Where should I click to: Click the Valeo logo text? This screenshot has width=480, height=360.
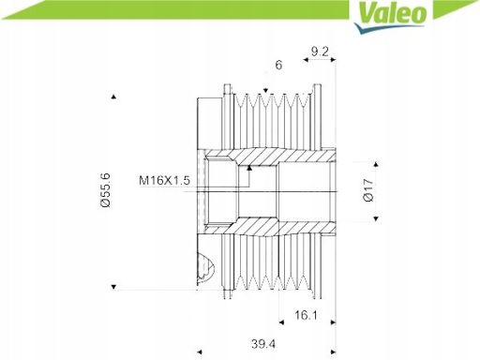[x=392, y=13]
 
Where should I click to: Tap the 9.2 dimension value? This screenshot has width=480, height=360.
[x=320, y=52]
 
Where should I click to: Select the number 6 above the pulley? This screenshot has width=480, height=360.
[x=278, y=65]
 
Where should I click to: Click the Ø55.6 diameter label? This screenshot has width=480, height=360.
[x=105, y=190]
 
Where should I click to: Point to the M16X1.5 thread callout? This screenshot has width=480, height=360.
[x=164, y=180]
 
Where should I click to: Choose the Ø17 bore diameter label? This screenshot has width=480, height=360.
[x=368, y=190]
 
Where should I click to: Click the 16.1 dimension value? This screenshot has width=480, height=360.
[x=306, y=315]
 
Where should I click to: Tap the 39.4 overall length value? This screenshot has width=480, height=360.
[x=263, y=344]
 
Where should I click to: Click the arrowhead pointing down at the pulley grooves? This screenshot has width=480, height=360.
[x=265, y=91]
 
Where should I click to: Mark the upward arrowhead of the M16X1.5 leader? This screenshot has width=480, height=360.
[x=249, y=168]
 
